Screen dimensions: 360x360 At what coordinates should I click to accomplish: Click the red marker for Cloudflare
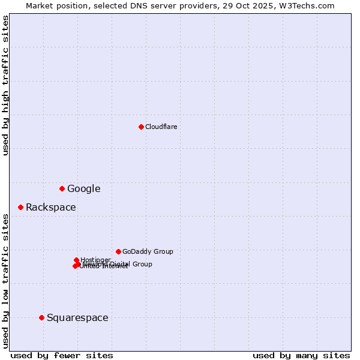141,127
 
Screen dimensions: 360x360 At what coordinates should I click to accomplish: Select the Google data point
62,188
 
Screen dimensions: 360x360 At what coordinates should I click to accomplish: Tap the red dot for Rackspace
20,207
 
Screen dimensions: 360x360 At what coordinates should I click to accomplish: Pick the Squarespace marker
41,317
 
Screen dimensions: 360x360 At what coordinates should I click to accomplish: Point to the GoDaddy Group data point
118,251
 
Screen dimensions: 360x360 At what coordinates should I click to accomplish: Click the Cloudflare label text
161,127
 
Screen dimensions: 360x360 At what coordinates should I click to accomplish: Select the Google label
83,188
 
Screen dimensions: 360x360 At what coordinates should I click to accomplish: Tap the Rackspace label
50,207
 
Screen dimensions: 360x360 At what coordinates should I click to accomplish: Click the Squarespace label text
77,317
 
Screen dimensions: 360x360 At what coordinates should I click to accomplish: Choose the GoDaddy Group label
147,251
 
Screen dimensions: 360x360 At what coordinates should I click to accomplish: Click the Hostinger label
95,260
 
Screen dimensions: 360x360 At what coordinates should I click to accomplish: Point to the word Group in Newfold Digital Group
142,264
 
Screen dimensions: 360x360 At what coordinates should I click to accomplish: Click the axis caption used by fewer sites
62,355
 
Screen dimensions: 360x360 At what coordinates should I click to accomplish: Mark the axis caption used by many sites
301,355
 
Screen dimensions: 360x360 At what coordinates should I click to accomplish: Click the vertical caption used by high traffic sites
5,85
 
